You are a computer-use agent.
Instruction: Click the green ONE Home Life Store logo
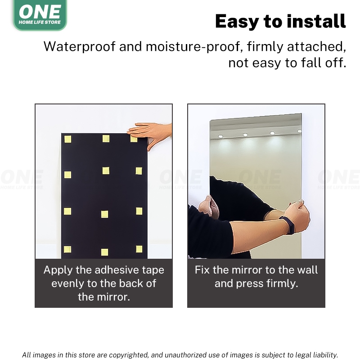click(40, 14)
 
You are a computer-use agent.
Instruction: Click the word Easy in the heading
click(238, 21)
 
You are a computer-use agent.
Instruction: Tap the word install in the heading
click(316, 21)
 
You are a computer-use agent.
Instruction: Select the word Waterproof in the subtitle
click(80, 47)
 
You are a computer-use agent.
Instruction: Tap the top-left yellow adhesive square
click(68, 139)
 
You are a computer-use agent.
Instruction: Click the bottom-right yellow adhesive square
click(139, 249)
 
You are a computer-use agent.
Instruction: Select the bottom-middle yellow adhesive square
click(104, 252)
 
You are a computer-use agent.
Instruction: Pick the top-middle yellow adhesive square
click(106, 139)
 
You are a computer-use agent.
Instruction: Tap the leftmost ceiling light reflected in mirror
click(220, 136)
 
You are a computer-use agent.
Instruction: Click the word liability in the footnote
click(324, 355)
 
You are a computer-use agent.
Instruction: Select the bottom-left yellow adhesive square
click(67, 249)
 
